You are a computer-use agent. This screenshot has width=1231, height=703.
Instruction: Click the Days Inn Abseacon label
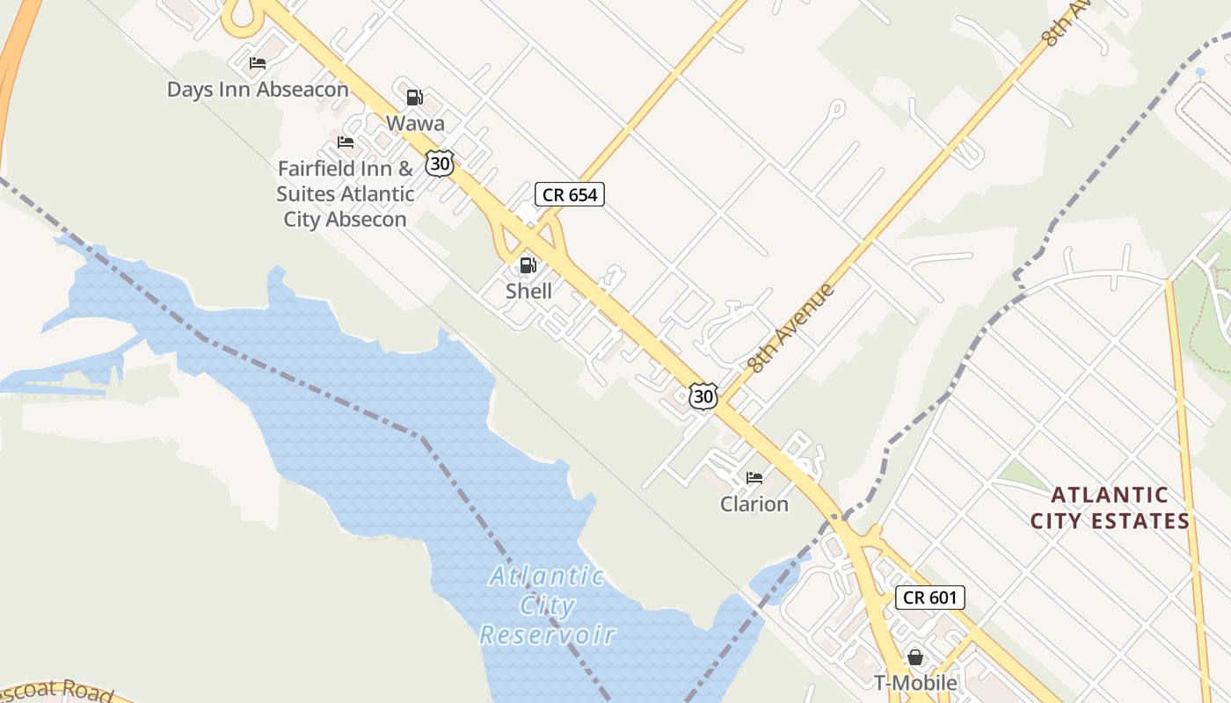[x=258, y=90]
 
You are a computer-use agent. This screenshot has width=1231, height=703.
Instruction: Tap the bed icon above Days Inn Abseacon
[x=258, y=63]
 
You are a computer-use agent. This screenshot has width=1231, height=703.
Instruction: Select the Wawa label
[x=415, y=123]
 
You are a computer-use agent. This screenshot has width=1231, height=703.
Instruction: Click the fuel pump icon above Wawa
[x=414, y=97]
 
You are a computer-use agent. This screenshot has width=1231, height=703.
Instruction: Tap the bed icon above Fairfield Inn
[x=346, y=142]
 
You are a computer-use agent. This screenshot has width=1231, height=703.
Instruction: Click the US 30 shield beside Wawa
[x=440, y=163]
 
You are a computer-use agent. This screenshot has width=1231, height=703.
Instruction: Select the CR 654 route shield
[x=570, y=194]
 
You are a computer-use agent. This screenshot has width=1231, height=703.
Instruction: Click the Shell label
[x=528, y=291]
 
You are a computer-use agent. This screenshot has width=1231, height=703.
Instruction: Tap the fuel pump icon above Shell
[x=528, y=265]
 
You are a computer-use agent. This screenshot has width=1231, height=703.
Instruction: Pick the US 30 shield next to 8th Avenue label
[x=703, y=396]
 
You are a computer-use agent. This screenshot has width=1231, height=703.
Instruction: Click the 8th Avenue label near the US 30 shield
[x=790, y=327]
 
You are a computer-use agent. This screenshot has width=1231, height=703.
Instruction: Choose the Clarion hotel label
[x=754, y=504]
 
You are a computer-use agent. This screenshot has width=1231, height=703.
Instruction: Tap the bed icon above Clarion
[x=754, y=478]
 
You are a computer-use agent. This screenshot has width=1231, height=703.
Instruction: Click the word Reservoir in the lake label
[x=548, y=634]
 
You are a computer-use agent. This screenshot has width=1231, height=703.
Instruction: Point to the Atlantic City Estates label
[x=1110, y=508]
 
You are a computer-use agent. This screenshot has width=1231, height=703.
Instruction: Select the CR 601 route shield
[x=930, y=598]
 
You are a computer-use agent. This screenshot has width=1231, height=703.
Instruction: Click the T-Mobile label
[x=915, y=682]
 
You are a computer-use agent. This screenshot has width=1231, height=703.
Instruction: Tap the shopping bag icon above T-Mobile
[x=915, y=656]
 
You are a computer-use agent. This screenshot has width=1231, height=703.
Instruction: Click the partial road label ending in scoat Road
[x=57, y=690]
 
